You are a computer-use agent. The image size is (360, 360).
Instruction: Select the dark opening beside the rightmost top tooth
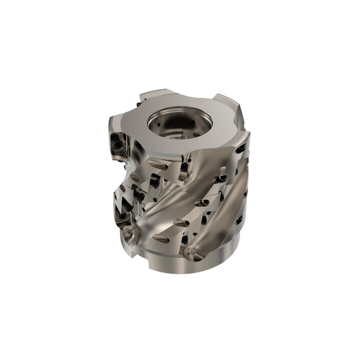click(240, 149)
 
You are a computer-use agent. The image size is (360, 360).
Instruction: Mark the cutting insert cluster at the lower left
click(126, 203)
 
